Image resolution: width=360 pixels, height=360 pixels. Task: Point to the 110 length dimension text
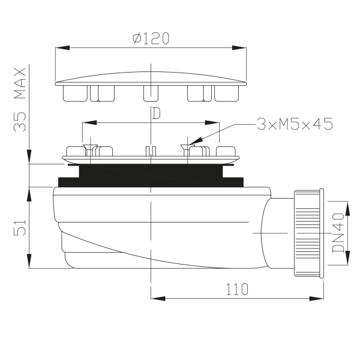237,289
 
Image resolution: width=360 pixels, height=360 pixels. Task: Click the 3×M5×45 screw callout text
294,124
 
